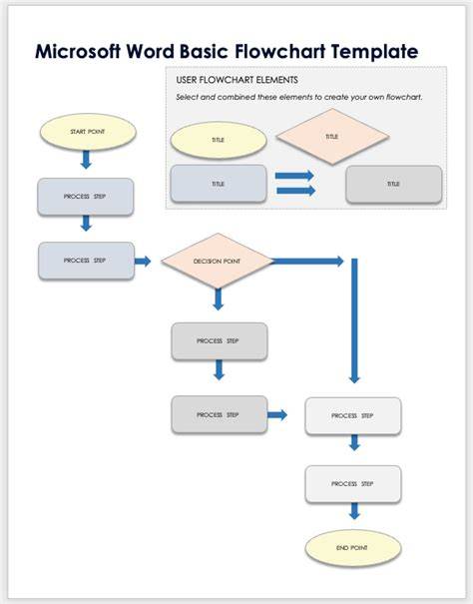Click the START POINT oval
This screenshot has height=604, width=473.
click(x=88, y=132)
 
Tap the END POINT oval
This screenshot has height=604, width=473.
click(x=353, y=548)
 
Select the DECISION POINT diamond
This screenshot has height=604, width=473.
click(x=218, y=261)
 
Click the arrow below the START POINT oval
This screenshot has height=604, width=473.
click(x=86, y=159)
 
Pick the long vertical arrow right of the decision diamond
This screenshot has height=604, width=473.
click(x=354, y=320)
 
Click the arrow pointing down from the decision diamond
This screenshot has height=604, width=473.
click(x=218, y=300)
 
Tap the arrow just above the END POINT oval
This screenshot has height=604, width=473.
click(x=354, y=511)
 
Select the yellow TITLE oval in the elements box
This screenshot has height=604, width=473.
click(x=219, y=140)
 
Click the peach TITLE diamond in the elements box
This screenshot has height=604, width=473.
click(x=332, y=137)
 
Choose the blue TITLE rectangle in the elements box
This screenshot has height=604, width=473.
click(x=218, y=184)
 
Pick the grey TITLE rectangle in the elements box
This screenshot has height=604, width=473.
click(x=393, y=184)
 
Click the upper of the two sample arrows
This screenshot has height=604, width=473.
click(x=294, y=176)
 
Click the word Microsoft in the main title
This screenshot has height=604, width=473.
click(x=78, y=51)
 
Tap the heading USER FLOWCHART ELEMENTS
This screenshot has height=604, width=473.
click(x=236, y=80)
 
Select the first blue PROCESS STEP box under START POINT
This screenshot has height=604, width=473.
click(x=86, y=197)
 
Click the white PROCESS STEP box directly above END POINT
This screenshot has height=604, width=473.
click(x=353, y=484)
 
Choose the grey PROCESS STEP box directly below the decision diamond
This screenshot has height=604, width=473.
click(x=220, y=341)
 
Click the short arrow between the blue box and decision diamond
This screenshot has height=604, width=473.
click(x=143, y=262)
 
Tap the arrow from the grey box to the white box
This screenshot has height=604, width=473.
click(x=277, y=415)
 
